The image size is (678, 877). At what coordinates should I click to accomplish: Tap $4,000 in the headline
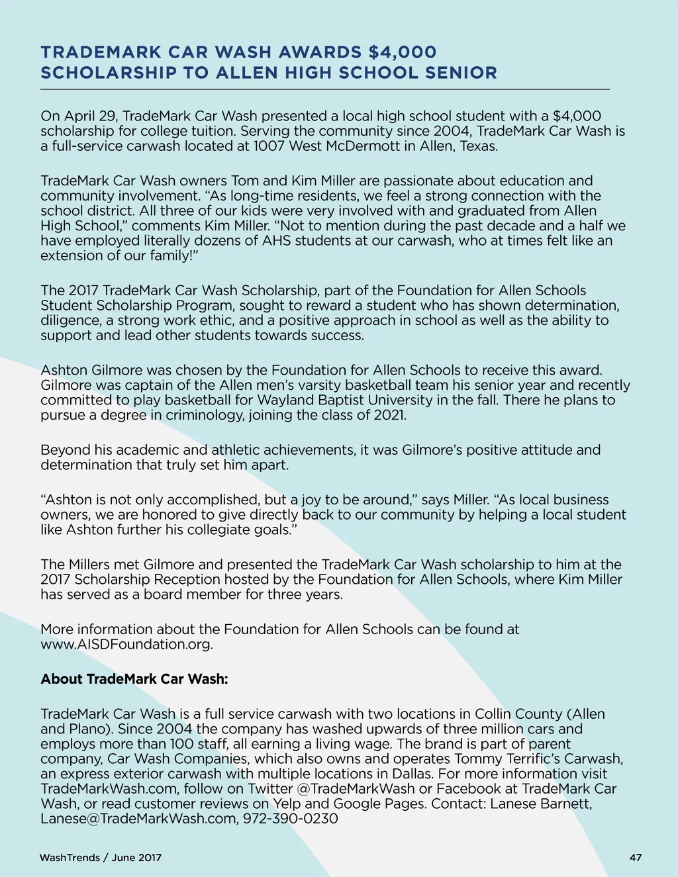[403, 52]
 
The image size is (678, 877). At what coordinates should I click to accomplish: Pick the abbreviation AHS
[277, 241]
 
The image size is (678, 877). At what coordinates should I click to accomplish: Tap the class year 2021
[390, 416]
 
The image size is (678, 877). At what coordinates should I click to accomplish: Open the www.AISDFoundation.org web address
[126, 645]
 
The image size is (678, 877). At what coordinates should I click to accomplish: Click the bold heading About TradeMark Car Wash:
[134, 679]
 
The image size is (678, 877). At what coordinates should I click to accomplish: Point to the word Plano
[90, 729]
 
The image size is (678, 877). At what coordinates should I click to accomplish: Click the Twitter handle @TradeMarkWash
[356, 789]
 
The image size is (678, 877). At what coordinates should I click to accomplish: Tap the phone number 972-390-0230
[291, 819]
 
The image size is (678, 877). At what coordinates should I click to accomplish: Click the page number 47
[635, 858]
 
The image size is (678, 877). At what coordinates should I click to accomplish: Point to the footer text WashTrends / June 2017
[101, 858]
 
